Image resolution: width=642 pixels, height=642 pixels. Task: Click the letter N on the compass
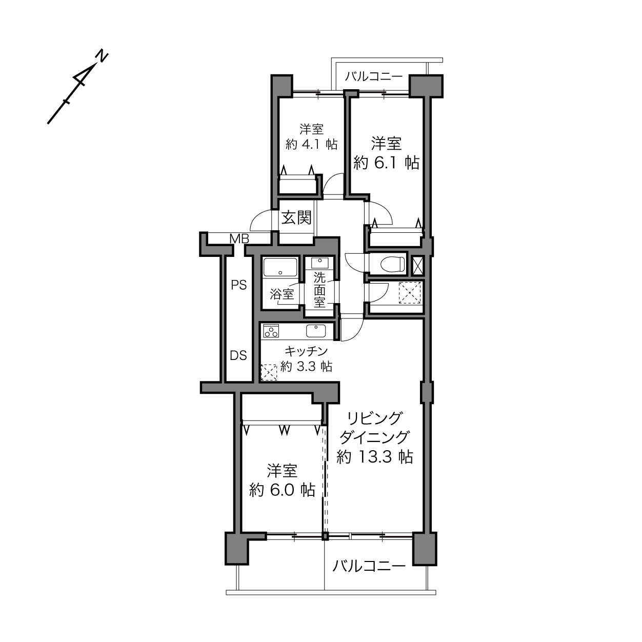pos(102,56)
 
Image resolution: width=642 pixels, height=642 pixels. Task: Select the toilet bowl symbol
pos(392,265)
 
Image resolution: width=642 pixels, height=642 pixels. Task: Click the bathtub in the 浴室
pos(280,267)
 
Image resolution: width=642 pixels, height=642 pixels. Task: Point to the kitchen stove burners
pos(271,331)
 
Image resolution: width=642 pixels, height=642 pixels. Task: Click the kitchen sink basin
pos(315,331)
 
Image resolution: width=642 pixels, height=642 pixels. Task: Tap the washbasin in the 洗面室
pos(319,263)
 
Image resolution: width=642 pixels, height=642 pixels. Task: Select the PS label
pos(239,285)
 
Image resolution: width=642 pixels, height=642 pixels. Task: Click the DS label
pos(238,355)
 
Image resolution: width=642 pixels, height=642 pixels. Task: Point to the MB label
pos(239,238)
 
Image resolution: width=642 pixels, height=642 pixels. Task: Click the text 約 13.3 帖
pos(375,456)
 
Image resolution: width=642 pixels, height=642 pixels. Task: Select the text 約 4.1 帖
pos(311,144)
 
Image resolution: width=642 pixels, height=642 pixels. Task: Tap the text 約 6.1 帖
pos(386,163)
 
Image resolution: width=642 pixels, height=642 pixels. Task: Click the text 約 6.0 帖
pos(282,490)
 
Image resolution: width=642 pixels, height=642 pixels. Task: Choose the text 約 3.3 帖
pos(306,367)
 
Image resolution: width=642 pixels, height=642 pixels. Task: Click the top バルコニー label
pos(373,76)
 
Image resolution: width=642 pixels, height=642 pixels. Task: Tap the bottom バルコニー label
pos(369,566)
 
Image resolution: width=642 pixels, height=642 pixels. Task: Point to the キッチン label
pos(306,351)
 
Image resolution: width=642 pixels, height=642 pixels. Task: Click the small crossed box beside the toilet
pos(418,265)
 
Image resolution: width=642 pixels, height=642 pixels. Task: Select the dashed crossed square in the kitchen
pos(269,372)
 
